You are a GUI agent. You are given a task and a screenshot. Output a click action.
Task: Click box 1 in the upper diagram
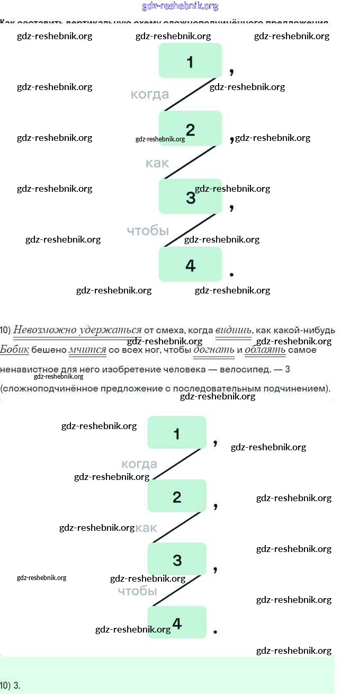pos(190,61)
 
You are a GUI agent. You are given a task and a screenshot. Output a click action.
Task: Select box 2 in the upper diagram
pos(190,129)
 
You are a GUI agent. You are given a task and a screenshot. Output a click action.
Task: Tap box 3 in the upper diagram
pos(190,197)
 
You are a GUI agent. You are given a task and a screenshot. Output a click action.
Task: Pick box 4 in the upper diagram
pos(190,264)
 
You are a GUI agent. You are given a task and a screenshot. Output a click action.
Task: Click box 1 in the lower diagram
pos(177,433)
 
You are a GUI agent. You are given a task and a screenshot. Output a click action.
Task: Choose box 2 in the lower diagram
pos(177,496)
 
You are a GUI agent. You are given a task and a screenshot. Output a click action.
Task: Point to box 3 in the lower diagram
pos(177,559)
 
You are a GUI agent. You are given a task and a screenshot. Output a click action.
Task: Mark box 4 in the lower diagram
pos(177,622)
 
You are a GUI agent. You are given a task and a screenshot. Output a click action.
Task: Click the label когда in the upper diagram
pos(150,94)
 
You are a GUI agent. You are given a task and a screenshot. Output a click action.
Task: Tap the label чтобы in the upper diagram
pos(148,230)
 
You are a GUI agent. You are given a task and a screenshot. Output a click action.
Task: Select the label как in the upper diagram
pos(157,163)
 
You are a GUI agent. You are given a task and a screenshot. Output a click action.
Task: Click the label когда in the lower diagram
pos(139,464)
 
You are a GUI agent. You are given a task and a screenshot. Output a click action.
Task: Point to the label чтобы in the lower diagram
pos(137,591)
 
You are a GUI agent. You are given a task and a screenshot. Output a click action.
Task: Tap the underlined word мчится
pos(87,350)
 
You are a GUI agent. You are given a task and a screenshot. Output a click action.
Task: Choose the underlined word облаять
pos(265,350)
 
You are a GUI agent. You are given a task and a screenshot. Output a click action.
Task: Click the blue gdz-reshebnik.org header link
pos(180,6)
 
